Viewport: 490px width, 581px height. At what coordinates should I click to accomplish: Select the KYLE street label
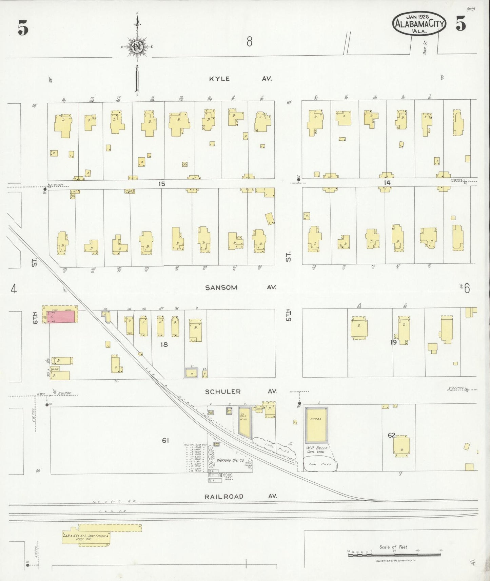click(x=219, y=79)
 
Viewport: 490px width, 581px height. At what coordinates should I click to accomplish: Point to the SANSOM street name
click(x=221, y=287)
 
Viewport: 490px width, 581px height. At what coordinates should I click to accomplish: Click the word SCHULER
click(x=223, y=392)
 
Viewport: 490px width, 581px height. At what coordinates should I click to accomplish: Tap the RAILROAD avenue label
click(x=224, y=496)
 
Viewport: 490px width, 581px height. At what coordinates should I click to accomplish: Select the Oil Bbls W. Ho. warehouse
click(x=244, y=420)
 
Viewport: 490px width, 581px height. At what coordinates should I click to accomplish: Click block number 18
click(x=164, y=344)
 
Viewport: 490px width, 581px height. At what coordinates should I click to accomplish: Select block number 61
click(x=165, y=440)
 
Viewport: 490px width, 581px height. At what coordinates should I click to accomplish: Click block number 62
click(x=391, y=435)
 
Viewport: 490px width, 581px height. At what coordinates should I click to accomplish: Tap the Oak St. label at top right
click(x=425, y=47)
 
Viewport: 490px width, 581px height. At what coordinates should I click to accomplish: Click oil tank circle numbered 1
click(x=210, y=448)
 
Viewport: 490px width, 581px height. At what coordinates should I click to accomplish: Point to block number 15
click(x=162, y=184)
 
